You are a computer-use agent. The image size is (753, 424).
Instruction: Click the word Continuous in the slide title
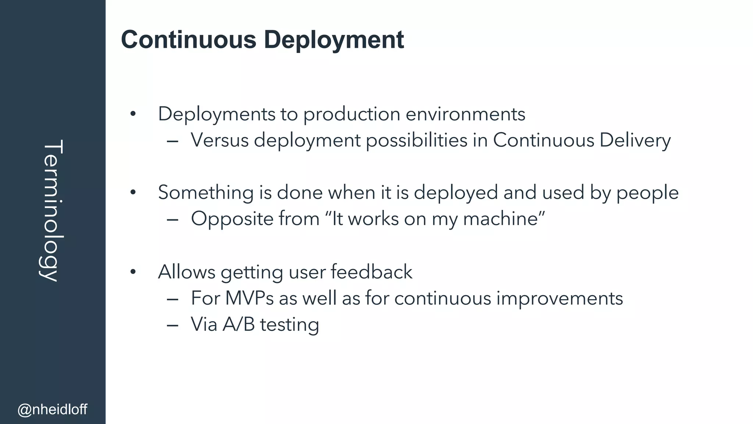[188, 39]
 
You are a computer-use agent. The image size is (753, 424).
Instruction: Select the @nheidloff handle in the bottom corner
[53, 409]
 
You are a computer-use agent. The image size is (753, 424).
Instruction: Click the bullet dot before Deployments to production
[133, 114]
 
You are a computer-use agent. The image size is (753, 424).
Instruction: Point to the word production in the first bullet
[351, 114]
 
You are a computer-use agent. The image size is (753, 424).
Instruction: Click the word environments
[465, 114]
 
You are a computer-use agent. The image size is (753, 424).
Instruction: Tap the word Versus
[220, 140]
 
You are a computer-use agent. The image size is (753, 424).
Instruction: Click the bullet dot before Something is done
[133, 192]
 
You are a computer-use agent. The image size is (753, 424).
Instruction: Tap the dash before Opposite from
[172, 220]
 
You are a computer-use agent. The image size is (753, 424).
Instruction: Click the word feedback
[371, 272]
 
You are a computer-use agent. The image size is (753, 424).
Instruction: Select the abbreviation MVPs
[249, 298]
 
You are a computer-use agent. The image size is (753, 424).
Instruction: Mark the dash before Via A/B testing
[172, 325]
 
